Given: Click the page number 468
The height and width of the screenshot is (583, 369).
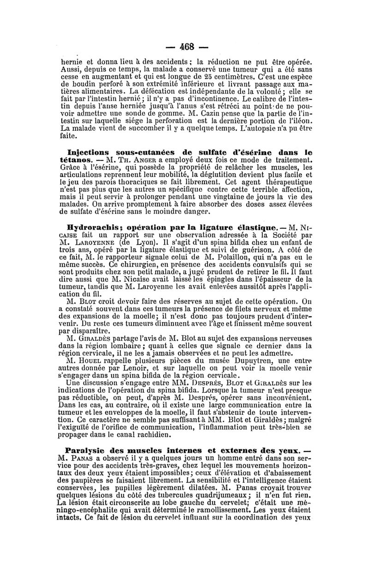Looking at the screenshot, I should click(187, 47).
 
